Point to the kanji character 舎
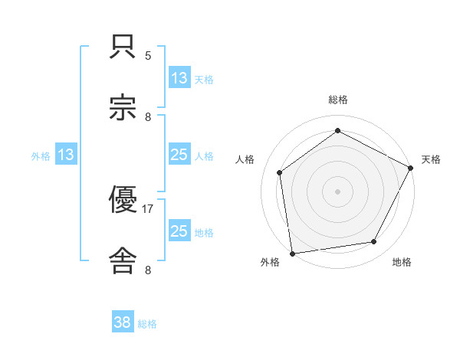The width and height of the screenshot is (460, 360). [123, 260]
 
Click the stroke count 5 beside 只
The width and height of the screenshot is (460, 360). [148, 55]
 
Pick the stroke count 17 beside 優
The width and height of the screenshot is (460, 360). [148, 208]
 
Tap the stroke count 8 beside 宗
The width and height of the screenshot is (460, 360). [148, 116]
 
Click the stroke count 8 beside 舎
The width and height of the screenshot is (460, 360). [148, 269]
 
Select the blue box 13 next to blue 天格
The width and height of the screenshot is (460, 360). [179, 78]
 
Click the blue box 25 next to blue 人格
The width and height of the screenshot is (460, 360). [179, 155]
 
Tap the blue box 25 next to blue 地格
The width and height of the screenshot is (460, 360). [179, 231]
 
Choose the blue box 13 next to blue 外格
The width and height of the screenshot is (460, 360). [66, 155]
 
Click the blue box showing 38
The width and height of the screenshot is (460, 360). [123, 322]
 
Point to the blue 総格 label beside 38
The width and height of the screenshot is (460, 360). [147, 324]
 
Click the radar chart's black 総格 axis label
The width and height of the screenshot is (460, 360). [337, 100]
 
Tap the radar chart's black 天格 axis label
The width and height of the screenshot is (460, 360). [431, 159]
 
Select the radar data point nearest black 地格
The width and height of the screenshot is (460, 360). [374, 242]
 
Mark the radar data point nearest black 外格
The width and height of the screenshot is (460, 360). [292, 253]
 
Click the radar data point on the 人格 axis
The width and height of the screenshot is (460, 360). [280, 172]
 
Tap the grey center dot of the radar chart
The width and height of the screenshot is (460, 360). [337, 191]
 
